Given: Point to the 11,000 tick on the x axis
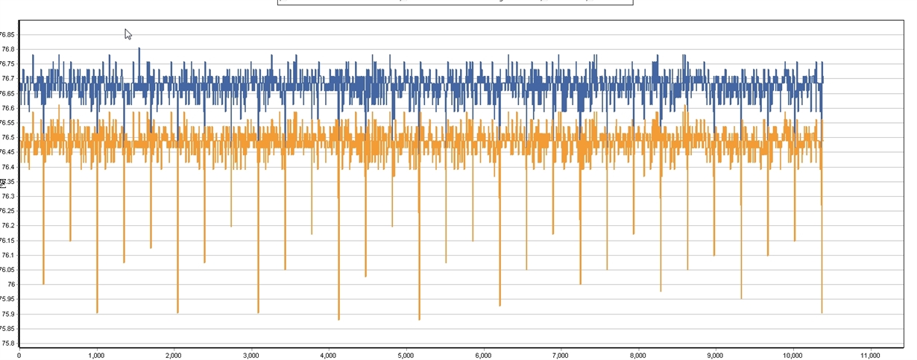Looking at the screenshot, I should tap(870, 355).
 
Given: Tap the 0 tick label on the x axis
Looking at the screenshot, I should tap(19, 355).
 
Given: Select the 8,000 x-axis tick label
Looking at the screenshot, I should tap(637, 355).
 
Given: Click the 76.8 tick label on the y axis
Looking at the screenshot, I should tap(7, 49).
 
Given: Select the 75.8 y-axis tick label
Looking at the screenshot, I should tap(7, 343).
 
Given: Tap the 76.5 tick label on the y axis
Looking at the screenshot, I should tap(7, 137).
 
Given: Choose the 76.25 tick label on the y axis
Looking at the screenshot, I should tap(7, 211).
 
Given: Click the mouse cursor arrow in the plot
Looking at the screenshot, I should tap(127, 34).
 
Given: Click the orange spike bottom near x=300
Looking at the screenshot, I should tap(44, 283).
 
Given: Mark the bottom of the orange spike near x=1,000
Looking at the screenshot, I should tap(97, 312).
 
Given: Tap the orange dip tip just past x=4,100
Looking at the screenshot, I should tap(338, 319).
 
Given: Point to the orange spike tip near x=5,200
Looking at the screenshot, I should tap(419, 319).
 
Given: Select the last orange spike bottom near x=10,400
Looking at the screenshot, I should tap(822, 312).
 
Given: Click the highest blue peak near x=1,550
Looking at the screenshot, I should tap(139, 48).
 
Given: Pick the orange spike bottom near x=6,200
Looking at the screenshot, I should tap(500, 305).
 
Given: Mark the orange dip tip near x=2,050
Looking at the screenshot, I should tap(177, 312).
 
